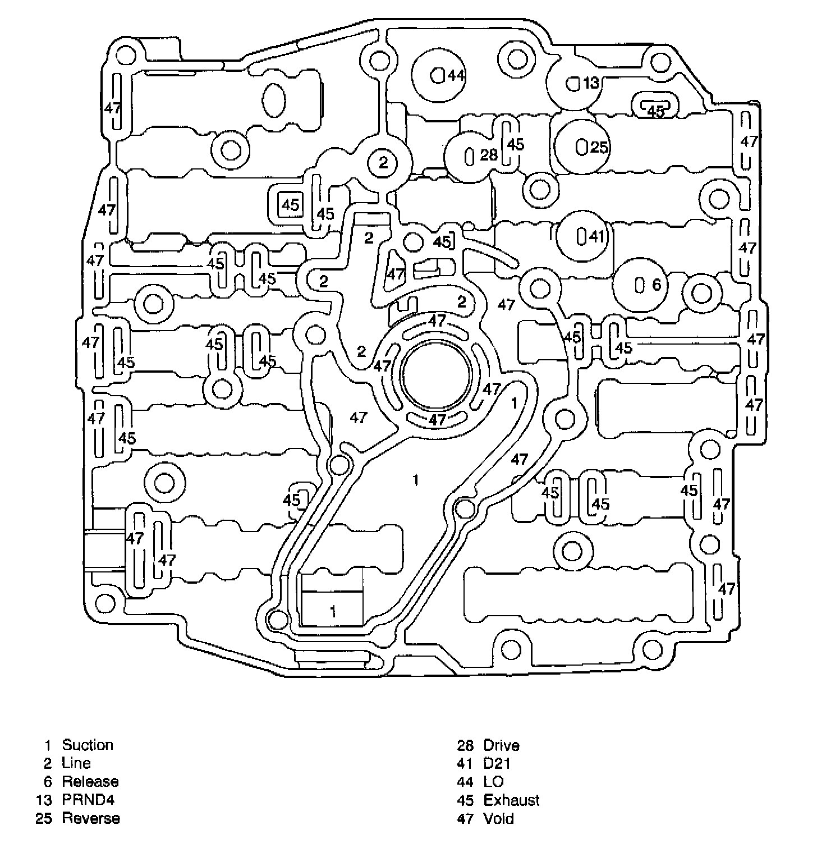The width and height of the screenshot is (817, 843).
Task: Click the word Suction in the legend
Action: point(88,745)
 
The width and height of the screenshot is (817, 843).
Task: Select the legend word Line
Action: point(76,763)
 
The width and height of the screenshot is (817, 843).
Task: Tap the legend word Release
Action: point(90,781)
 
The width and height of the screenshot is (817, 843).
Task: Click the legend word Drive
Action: point(501,745)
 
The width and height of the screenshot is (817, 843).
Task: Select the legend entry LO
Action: point(493,781)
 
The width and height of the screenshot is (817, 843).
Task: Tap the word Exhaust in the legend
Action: point(511,800)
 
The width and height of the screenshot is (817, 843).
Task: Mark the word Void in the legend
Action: point(498,818)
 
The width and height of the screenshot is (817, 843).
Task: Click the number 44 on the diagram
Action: point(456,75)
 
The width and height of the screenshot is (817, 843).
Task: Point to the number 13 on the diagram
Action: point(591,83)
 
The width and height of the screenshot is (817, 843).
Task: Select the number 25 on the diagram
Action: point(599,147)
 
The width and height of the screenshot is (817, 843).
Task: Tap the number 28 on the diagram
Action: point(489,154)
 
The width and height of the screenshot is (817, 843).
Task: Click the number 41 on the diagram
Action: point(596,237)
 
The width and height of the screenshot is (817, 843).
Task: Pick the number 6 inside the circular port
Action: point(657,285)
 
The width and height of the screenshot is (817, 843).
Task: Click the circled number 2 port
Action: point(383,163)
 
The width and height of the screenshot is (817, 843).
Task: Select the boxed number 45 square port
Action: point(290,205)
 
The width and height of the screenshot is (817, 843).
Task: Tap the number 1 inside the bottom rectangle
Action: point(333,611)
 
